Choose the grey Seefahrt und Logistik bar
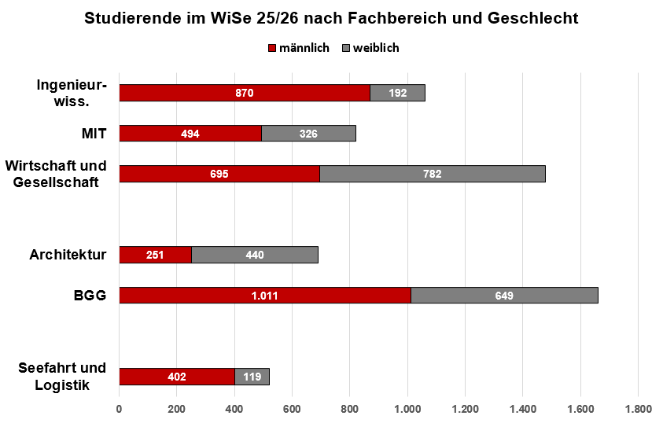coord(252,377)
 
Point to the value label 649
coord(503,296)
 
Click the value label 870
coord(245,93)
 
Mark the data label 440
coord(254,255)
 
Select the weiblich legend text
coord(376,48)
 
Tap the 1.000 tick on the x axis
coord(407,409)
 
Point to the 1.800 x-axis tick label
coord(637,409)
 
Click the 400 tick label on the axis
coord(234,409)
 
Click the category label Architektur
coord(68,255)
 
